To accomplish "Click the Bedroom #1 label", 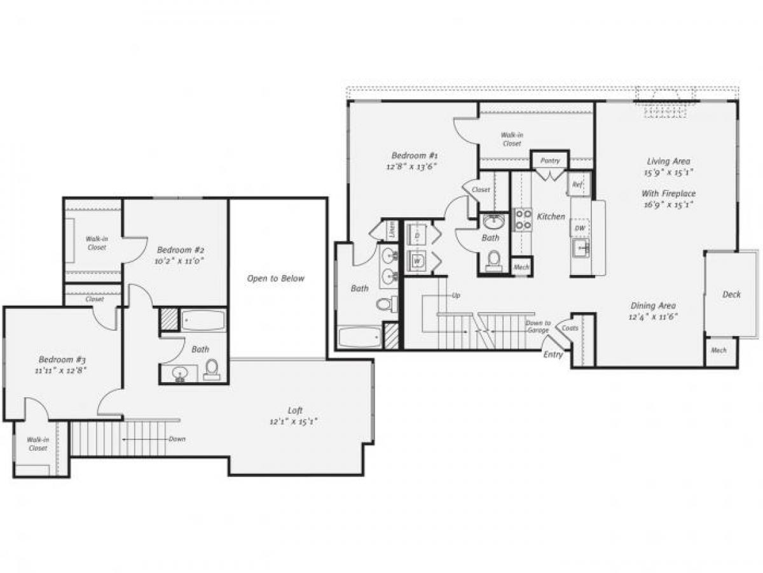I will [x=414, y=155].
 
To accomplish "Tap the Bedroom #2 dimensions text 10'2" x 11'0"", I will [x=180, y=260].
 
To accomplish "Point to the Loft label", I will [x=294, y=411].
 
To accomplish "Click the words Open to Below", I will [x=276, y=278].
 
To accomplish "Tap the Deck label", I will [x=731, y=294].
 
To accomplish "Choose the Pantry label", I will [x=550, y=160].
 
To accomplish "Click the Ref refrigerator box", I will [x=578, y=185].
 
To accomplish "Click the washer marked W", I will [x=417, y=260].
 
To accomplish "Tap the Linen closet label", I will [x=392, y=229].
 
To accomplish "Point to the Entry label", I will [x=553, y=355].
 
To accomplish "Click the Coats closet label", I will [x=570, y=329].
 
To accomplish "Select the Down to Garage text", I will [x=538, y=327].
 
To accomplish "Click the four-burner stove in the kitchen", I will [x=523, y=220].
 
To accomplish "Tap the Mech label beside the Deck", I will [x=718, y=350].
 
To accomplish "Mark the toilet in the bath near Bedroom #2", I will [x=212, y=369].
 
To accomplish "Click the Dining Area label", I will [x=653, y=305].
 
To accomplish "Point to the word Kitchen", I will [x=551, y=216].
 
